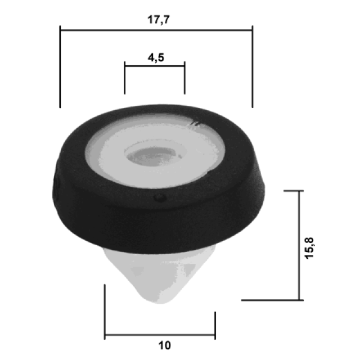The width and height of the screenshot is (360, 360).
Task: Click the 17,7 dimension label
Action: [x=159, y=20]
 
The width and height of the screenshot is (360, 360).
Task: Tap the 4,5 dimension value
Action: [x=156, y=57]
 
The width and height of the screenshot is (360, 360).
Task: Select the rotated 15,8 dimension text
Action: [x=309, y=248]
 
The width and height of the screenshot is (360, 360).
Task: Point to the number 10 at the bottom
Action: [x=165, y=345]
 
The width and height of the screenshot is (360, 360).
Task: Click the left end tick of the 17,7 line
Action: [x=60, y=66]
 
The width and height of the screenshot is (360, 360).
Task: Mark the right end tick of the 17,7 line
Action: [x=253, y=66]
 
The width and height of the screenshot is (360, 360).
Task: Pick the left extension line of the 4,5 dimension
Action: [x=125, y=78]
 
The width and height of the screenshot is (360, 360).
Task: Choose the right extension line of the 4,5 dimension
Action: [x=185, y=78]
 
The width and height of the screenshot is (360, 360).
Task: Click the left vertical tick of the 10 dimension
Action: [x=105, y=312]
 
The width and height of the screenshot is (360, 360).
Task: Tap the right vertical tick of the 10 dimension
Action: [x=215, y=326]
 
